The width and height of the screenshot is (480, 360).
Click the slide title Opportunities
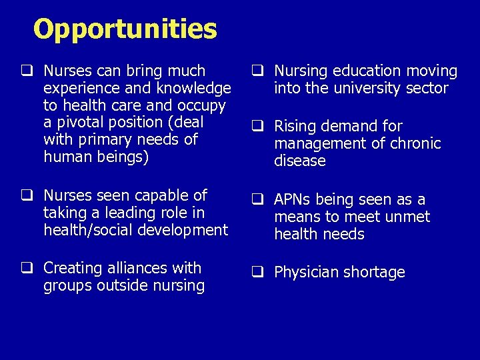(x=125, y=29)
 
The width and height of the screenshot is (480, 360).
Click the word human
(x=65, y=157)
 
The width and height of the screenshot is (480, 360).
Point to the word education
(x=366, y=71)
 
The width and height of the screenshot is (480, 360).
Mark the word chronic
(x=415, y=143)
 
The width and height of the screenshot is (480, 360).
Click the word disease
(x=300, y=161)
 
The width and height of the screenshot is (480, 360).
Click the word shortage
(x=375, y=273)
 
